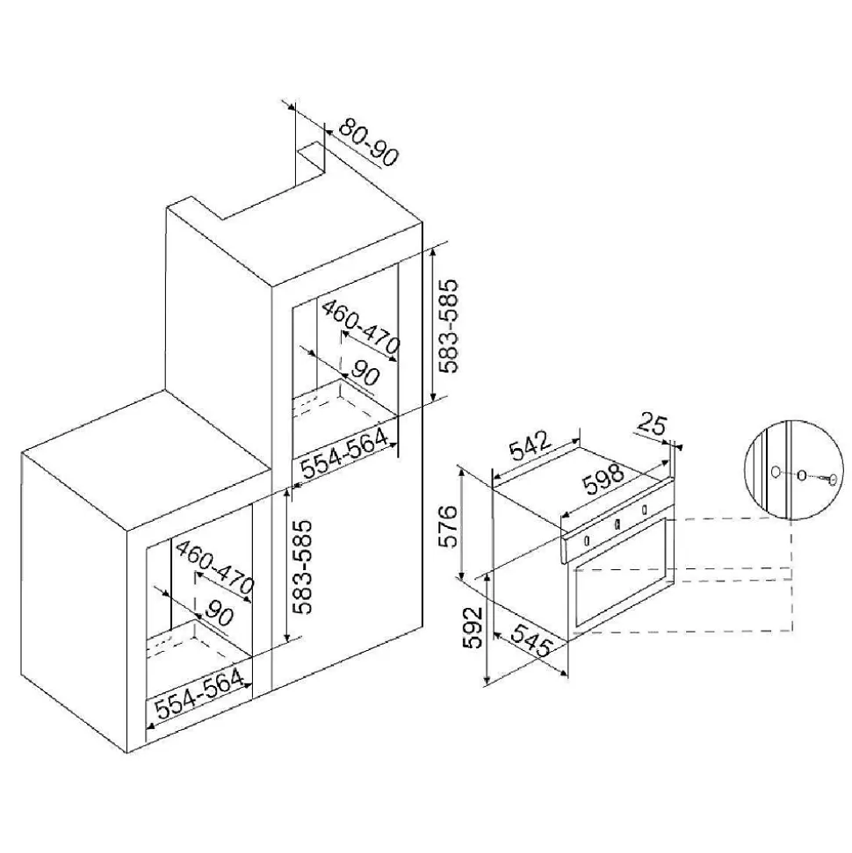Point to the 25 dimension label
coord(652,425)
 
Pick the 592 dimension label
coord(475,627)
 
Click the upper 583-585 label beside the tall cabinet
coord(450,326)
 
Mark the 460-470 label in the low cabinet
coord(214,567)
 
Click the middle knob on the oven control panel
coord(617,524)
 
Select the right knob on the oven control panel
coord(646,510)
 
